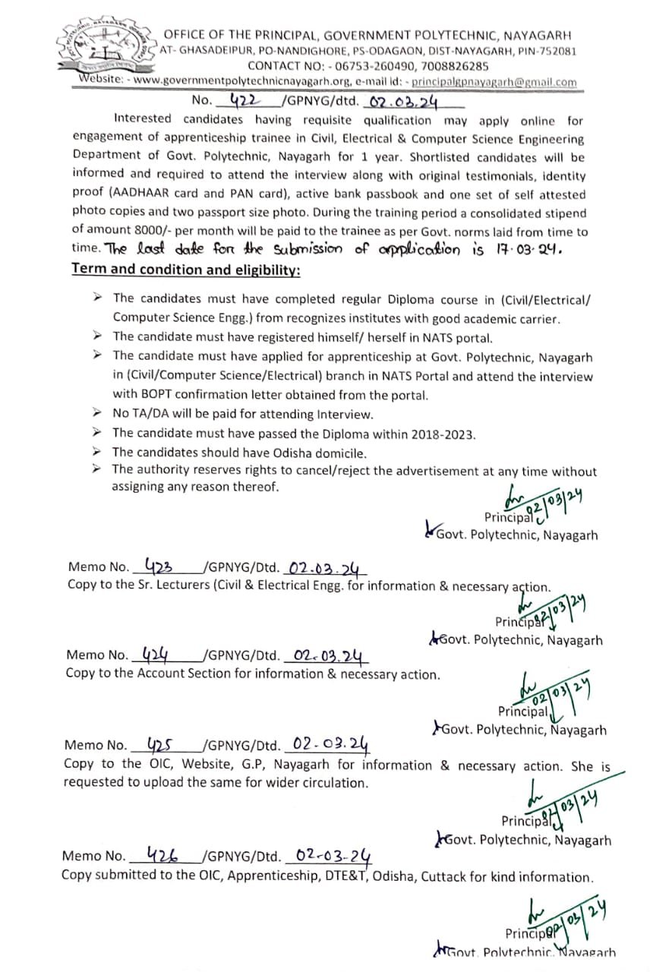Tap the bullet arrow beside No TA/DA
click(x=96, y=414)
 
